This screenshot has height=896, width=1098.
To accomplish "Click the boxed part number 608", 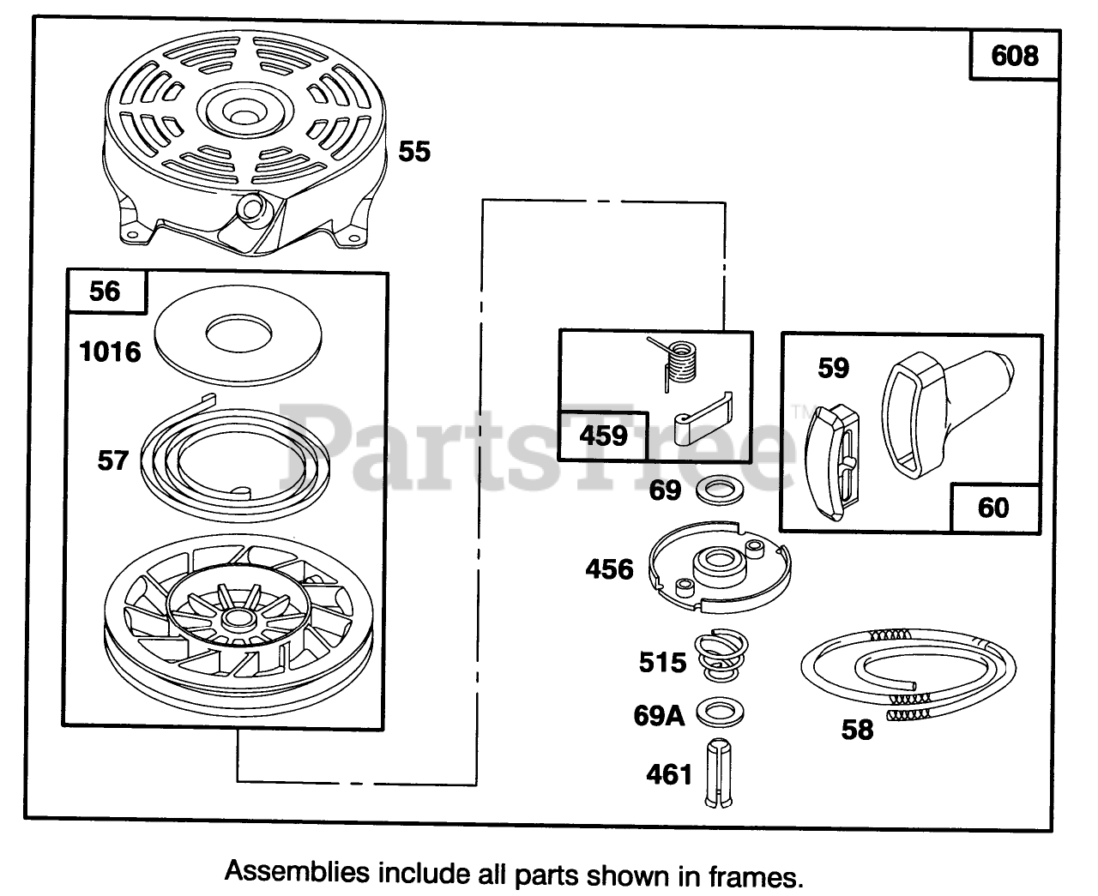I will [1014, 57].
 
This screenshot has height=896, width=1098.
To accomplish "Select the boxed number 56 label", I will [105, 292].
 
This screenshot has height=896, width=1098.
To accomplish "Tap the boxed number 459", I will [604, 436].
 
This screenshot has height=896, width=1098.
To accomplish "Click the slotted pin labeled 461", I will [719, 773].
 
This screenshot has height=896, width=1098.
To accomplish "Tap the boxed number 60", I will [994, 508].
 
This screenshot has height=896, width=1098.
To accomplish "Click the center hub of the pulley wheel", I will [232, 617].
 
